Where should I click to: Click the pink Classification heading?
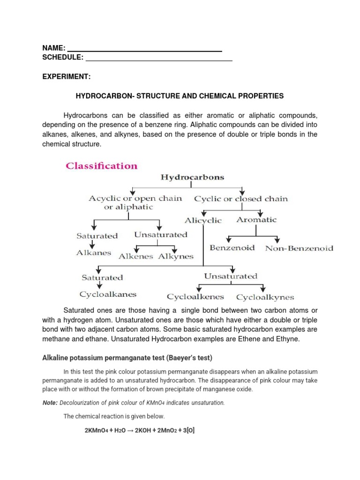[x=101, y=166]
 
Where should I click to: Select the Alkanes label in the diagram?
[x=94, y=253]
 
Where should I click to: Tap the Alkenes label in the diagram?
[x=136, y=256]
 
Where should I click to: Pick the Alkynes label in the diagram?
[x=176, y=256]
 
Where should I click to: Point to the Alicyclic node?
[x=203, y=220]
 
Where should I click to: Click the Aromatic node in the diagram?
[x=256, y=219]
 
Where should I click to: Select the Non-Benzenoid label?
[x=299, y=248]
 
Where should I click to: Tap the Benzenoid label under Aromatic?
[x=232, y=247]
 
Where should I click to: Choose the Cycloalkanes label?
[x=108, y=294]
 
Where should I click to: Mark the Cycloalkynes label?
[x=265, y=297]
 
